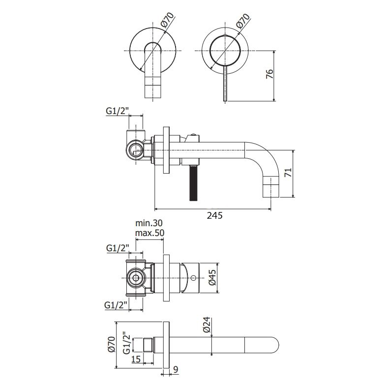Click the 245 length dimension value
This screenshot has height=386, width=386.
(214, 215)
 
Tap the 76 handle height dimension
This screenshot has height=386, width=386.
(270, 74)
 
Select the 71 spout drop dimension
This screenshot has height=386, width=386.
(288, 172)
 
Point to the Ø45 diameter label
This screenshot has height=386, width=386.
(212, 277)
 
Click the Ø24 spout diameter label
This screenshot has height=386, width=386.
(208, 325)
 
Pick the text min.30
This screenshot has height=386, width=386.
(149, 223)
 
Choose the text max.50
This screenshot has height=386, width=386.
(149, 233)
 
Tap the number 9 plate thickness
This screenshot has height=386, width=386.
(176, 369)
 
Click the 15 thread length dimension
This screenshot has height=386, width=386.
(136, 359)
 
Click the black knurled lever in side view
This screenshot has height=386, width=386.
(193, 182)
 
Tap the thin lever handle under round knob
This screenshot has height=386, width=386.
(225, 83)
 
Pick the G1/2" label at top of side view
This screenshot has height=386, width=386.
(118, 111)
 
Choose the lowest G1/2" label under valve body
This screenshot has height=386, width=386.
(116, 305)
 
